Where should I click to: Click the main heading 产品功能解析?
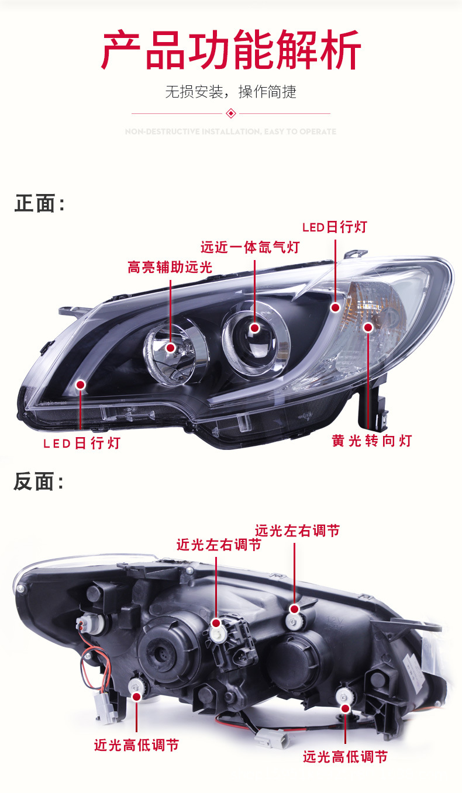(x=231, y=52)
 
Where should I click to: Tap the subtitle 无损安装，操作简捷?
(x=231, y=92)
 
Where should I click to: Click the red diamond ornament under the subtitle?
(x=231, y=113)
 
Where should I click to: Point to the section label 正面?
(x=39, y=204)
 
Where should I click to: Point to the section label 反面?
(x=39, y=482)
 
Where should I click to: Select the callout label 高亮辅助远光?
(x=170, y=268)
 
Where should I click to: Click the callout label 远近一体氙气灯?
(x=250, y=247)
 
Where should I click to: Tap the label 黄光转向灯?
(x=372, y=441)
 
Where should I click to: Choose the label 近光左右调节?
(x=219, y=545)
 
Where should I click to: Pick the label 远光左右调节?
(x=297, y=531)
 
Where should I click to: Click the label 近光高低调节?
(x=136, y=745)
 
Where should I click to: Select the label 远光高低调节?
(x=345, y=757)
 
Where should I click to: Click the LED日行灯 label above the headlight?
(x=335, y=227)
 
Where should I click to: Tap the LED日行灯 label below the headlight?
(x=81, y=443)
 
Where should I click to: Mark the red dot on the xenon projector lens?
(x=254, y=328)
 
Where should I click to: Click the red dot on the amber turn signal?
(x=368, y=327)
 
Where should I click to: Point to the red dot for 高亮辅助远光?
(x=170, y=348)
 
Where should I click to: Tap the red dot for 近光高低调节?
(x=137, y=697)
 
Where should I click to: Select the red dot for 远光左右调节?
(x=294, y=609)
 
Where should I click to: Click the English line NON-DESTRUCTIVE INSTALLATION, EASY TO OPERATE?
(x=231, y=131)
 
